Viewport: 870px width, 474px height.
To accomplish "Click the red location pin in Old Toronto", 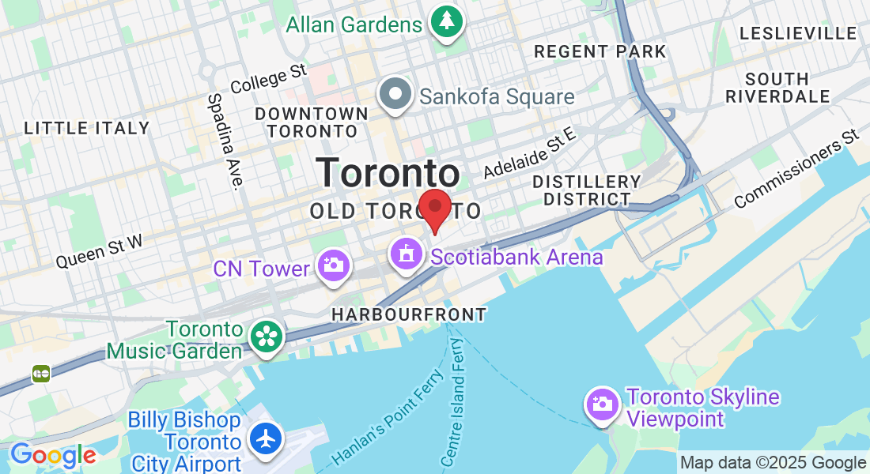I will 434,207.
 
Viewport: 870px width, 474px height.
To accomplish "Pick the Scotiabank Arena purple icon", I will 407,255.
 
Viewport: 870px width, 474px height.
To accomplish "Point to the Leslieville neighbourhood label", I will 798,33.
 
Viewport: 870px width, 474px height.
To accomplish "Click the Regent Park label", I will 600,52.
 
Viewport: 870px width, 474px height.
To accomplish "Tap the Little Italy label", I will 86,128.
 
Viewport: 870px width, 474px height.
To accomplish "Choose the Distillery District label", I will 586,190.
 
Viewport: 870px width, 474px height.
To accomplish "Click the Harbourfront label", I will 409,314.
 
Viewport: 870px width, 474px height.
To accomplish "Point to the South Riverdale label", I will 787,88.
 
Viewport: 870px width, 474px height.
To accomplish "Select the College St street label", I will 268,77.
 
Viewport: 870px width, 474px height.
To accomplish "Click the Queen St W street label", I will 100,251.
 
